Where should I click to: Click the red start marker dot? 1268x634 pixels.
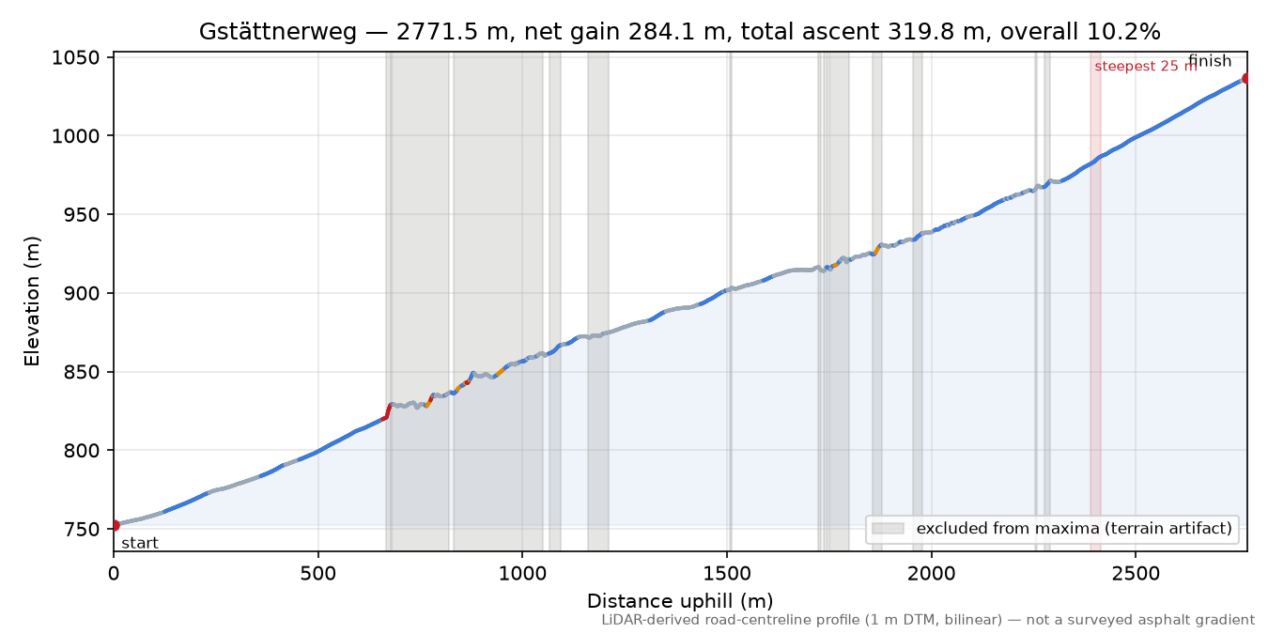pos(115,525)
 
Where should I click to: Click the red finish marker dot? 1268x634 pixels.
pos(1246,78)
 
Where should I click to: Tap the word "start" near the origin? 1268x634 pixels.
pos(140,544)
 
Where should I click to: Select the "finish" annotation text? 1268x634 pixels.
pos(1210,60)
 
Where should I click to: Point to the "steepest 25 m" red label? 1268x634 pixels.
pos(1146,67)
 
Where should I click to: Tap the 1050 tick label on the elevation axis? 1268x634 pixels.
pos(75,57)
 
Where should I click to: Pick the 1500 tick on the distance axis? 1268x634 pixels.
pos(727,574)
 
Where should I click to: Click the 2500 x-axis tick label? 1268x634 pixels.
pos(1136,574)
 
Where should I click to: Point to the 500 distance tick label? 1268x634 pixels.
pos(318,574)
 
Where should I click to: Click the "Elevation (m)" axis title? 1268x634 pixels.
pos(32,302)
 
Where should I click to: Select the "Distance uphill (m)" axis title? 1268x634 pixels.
pos(680,600)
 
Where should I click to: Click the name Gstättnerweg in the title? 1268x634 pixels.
pos(278,32)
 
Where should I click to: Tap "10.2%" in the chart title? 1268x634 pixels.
pos(1124,32)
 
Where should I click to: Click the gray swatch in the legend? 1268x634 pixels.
pos(888,529)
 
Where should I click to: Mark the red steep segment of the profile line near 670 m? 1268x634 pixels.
pos(387,411)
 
